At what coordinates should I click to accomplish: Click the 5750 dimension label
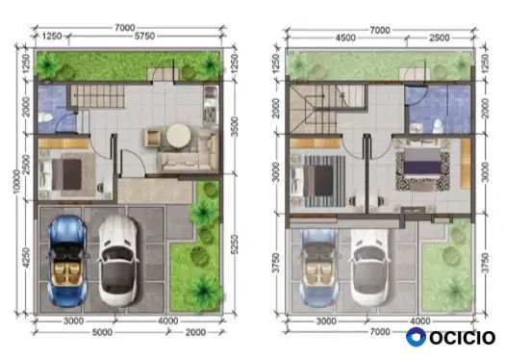[x=144, y=37]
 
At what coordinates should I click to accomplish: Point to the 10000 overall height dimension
[x=16, y=181]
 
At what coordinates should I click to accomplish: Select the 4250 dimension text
[x=27, y=257]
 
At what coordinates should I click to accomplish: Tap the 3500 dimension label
[x=235, y=126]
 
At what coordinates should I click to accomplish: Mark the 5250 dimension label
[x=235, y=244]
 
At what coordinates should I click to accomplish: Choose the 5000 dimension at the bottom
[x=102, y=332]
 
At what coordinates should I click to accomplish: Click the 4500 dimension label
[x=345, y=38]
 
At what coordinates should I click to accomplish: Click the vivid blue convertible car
[x=67, y=261]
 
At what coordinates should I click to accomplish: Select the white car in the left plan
[x=118, y=261]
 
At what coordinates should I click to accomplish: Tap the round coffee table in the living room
[x=179, y=136]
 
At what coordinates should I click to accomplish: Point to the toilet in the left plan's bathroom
[x=45, y=117]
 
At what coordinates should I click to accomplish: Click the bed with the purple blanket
[x=422, y=166]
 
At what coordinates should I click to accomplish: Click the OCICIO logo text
[x=462, y=338]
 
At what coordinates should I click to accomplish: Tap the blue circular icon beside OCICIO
[x=416, y=337]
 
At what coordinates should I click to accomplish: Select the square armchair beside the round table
[x=153, y=137]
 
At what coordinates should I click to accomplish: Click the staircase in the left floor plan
[x=97, y=95]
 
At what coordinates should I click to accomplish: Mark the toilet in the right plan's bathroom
[x=438, y=126]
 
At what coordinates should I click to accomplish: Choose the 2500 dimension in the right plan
[x=440, y=38]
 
